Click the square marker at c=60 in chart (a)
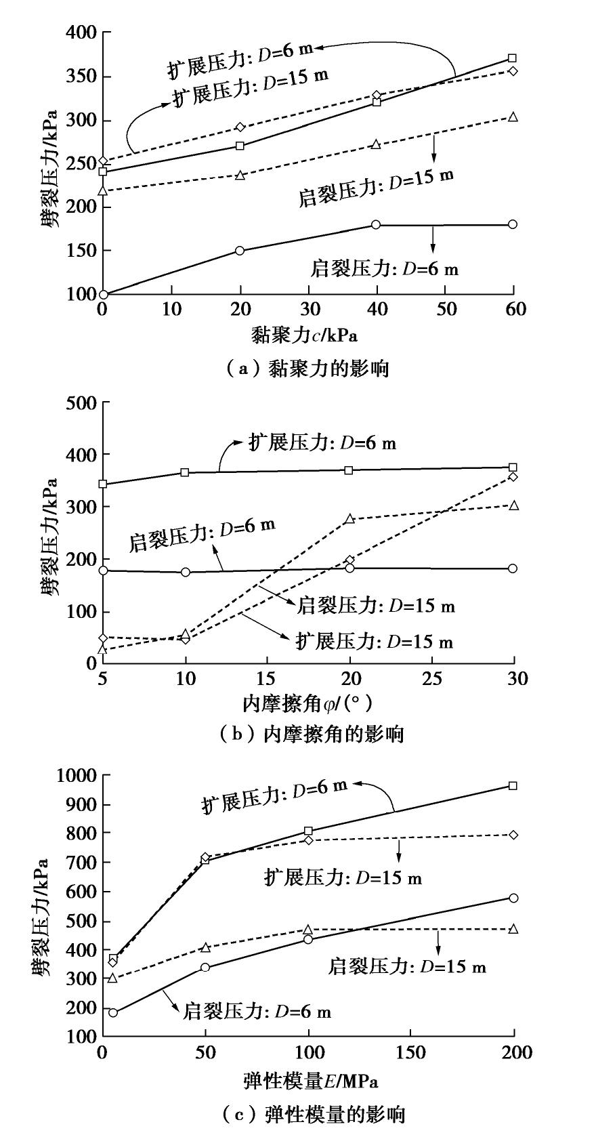[513, 58]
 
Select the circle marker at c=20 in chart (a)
[240, 251]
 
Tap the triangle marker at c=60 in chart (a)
[513, 117]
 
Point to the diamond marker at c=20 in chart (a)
[240, 127]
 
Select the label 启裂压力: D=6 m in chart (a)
[384, 268]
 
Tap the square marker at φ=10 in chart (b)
[186, 472]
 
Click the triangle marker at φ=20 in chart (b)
[349, 519]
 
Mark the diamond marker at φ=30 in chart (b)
[513, 477]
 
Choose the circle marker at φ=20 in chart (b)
[349, 568]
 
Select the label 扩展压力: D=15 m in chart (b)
[375, 640]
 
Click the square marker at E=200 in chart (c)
[513, 786]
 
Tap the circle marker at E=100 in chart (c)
[308, 939]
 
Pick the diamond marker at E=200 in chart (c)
[513, 835]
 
